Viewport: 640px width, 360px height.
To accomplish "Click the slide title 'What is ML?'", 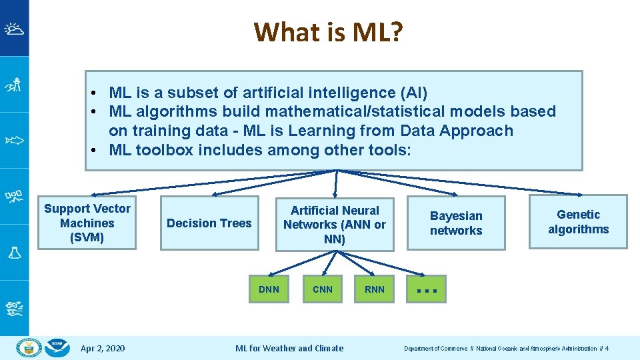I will pos(328,31).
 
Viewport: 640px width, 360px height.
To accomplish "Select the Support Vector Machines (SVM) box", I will pos(87,223).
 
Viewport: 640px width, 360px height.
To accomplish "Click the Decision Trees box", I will pos(209,223).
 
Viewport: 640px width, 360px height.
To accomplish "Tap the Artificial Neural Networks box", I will pos(334,224).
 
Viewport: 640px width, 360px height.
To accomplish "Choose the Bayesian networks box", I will pos(456,223).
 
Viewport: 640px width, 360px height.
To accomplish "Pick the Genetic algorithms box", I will pos(578,222).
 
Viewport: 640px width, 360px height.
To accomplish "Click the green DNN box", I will pos(269,289).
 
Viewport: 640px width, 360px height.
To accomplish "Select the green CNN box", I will pos(322,289).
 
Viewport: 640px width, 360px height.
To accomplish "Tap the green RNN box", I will pos(375,289).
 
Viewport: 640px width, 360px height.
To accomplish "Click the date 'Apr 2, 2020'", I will pos(102,348).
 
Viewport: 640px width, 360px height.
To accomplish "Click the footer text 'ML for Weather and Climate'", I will pos(289,348).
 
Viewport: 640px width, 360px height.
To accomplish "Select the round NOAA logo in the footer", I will pos(59,347).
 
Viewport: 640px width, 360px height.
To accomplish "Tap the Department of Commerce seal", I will pos(29,347).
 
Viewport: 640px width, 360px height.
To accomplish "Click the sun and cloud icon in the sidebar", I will pos(14,29).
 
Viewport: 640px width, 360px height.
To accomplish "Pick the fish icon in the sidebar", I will pos(14,140).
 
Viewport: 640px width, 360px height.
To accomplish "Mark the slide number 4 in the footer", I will pos(607,349).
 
